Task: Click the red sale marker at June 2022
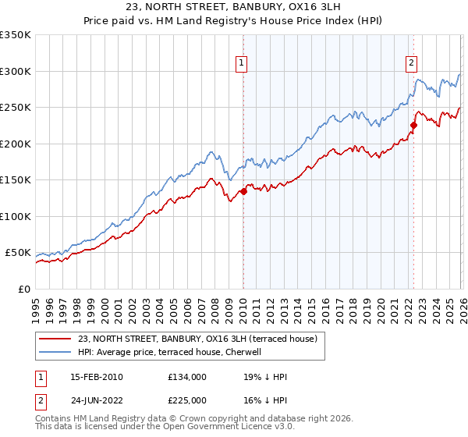click(x=413, y=125)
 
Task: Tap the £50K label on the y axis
click(x=18, y=253)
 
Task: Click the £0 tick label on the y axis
click(x=23, y=290)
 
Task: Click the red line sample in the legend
click(x=55, y=339)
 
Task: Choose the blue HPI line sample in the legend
click(x=55, y=352)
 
